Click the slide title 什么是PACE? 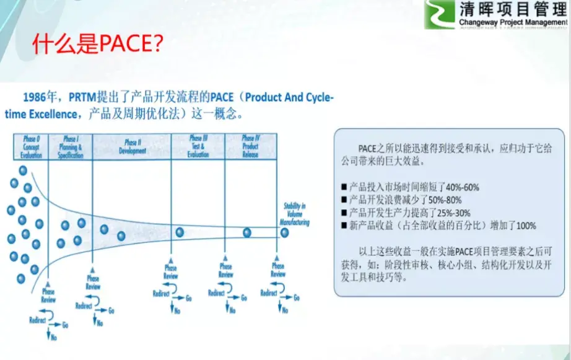(x=97, y=45)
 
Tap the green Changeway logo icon (x=439, y=15)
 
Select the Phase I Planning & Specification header (x=70, y=147)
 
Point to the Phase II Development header (x=135, y=146)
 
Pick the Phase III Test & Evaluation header (x=198, y=146)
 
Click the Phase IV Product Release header (x=250, y=146)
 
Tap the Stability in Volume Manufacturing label (x=293, y=213)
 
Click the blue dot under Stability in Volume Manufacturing (x=284, y=233)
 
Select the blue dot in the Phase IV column (x=246, y=232)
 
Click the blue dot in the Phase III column (x=180, y=232)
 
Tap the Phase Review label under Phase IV (x=278, y=270)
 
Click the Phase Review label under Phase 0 (x=48, y=295)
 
